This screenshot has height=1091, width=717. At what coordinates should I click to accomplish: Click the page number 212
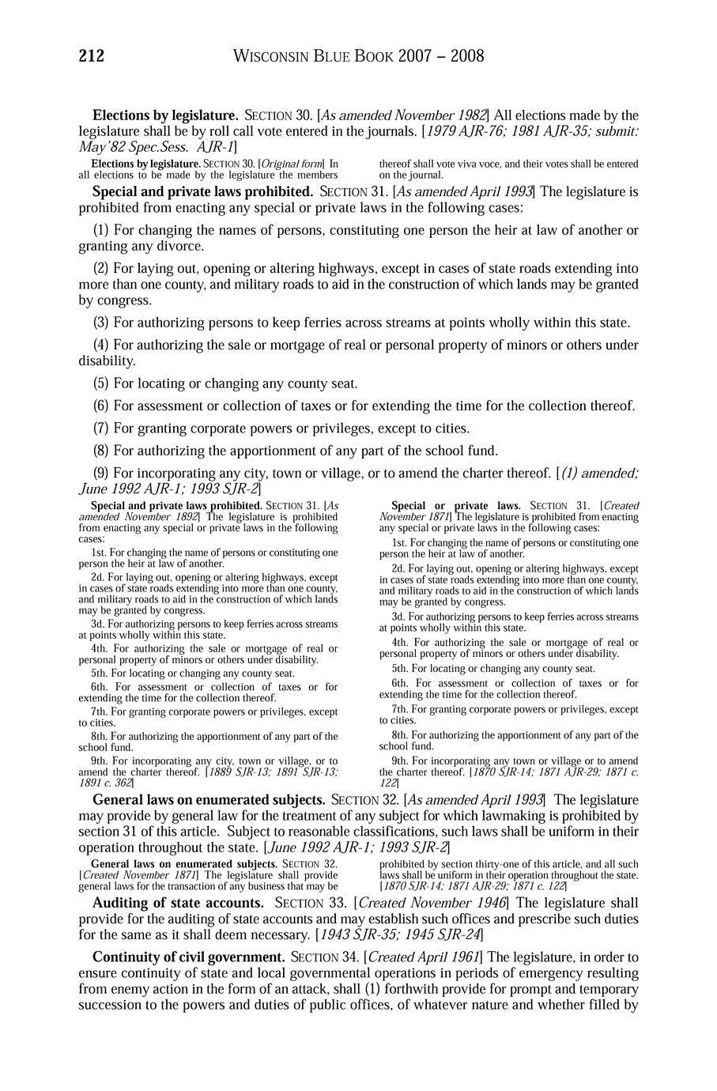point(92,56)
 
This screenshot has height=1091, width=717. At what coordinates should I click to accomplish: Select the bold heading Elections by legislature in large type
point(165,116)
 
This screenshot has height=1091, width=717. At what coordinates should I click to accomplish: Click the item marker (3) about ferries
point(101,323)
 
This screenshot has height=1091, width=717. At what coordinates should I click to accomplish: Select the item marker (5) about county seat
point(101,383)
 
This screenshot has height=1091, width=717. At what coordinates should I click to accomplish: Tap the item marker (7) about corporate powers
point(101,428)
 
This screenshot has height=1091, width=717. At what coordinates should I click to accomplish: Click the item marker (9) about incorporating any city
point(101,474)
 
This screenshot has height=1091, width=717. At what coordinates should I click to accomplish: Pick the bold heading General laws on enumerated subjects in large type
point(209,799)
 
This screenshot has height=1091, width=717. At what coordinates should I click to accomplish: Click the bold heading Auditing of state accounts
point(179,903)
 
